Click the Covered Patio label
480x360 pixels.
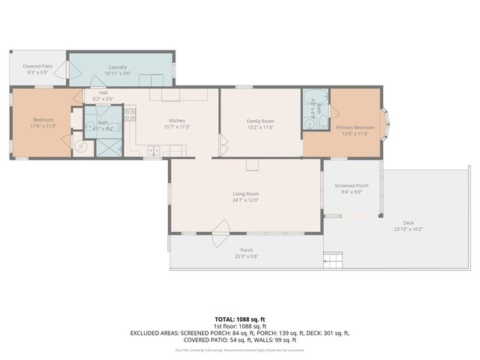40,66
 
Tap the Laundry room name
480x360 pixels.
118,67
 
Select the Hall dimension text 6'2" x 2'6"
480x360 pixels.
103,99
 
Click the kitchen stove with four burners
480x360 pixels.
130,115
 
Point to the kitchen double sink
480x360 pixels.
154,151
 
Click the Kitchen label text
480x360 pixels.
177,121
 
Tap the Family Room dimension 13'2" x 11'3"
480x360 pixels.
260,127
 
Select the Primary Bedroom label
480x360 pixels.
355,127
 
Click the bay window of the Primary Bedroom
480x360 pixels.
386,124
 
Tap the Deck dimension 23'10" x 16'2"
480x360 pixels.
408,229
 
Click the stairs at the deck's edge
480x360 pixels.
333,260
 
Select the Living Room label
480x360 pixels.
245,193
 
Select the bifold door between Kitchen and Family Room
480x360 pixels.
222,142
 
